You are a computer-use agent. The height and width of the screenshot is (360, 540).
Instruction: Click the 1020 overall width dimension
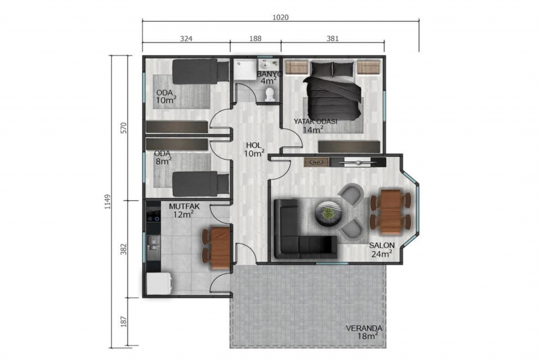pos(280,17)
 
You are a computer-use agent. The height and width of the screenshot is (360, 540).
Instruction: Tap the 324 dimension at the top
pos(186,38)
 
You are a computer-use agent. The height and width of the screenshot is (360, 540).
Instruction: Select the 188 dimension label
pos(255,38)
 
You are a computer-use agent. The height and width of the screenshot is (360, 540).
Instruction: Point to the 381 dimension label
pos(332,38)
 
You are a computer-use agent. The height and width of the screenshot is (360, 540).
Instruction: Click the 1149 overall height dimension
pos(107,202)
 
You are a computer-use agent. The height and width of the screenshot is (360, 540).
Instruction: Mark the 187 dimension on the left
pos(124,322)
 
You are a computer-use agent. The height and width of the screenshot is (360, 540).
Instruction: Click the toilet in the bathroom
pos(269,94)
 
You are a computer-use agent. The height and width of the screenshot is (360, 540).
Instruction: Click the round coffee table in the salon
pos(329,214)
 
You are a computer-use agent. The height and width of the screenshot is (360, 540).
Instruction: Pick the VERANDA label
pos(364,328)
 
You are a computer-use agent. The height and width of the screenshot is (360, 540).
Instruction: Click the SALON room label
pos(382,245)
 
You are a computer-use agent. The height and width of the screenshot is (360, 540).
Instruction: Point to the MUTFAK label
pos(184,206)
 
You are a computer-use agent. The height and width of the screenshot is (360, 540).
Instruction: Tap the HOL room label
pos(254,145)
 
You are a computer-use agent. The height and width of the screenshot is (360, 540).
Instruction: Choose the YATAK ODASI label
pos(315,121)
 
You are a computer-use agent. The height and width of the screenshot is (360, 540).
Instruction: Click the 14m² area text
pos(313,130)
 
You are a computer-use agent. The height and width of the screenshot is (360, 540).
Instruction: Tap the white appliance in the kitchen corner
pos(159,284)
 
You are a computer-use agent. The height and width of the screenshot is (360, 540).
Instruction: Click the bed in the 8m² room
pos(201,184)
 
